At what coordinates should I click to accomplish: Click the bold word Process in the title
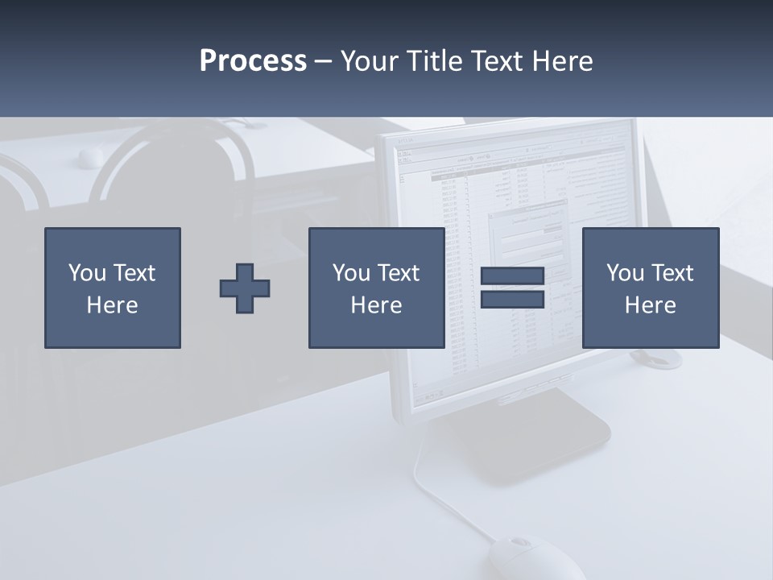(x=253, y=61)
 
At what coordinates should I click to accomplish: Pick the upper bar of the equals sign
(x=512, y=276)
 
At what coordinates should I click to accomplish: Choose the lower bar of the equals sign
(x=512, y=299)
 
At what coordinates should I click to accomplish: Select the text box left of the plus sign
(x=113, y=288)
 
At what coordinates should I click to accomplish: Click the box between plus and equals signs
(x=376, y=288)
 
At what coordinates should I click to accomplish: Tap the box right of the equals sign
(x=651, y=288)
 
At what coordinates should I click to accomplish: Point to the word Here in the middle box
(x=376, y=305)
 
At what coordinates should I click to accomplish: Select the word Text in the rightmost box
(x=673, y=273)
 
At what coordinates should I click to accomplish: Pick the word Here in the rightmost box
(x=651, y=305)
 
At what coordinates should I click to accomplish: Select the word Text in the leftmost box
(x=134, y=273)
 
